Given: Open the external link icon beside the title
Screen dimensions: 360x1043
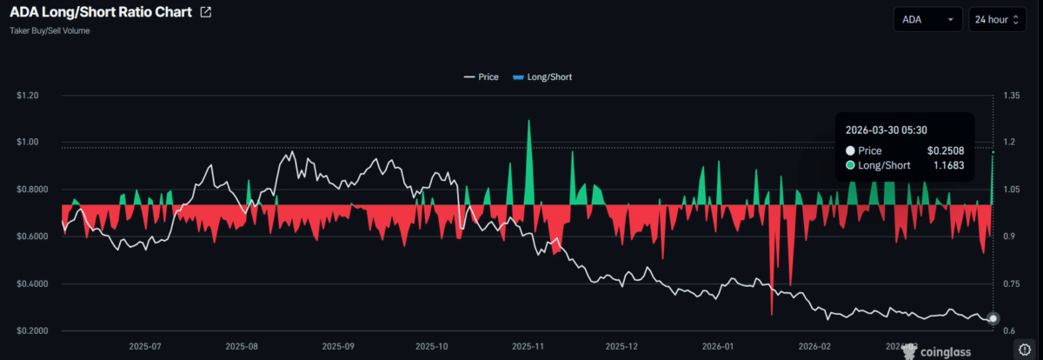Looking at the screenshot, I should pos(205,13).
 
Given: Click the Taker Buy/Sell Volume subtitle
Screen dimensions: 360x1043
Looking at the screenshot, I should pos(50,30).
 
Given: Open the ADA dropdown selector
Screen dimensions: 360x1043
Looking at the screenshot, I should pos(927,18).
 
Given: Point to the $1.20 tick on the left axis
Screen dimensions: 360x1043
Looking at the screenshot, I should pos(29,96).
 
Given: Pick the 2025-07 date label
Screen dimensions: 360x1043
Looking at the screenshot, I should pos(145,345).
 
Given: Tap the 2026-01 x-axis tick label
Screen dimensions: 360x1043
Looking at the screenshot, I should pos(718,345).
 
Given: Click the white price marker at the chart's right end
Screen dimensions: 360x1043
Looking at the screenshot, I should pos(993,318).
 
